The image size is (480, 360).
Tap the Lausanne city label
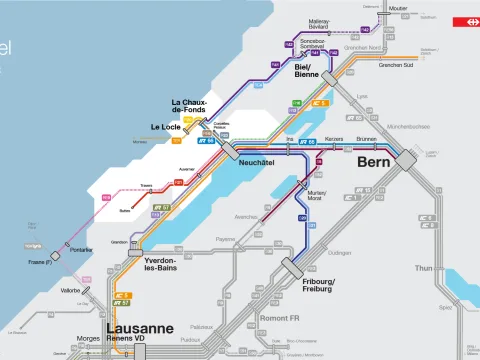(x=140, y=328)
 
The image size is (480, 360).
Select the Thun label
(x=451, y=268)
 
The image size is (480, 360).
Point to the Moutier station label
(x=399, y=8)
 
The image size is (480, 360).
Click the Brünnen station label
(x=366, y=139)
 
